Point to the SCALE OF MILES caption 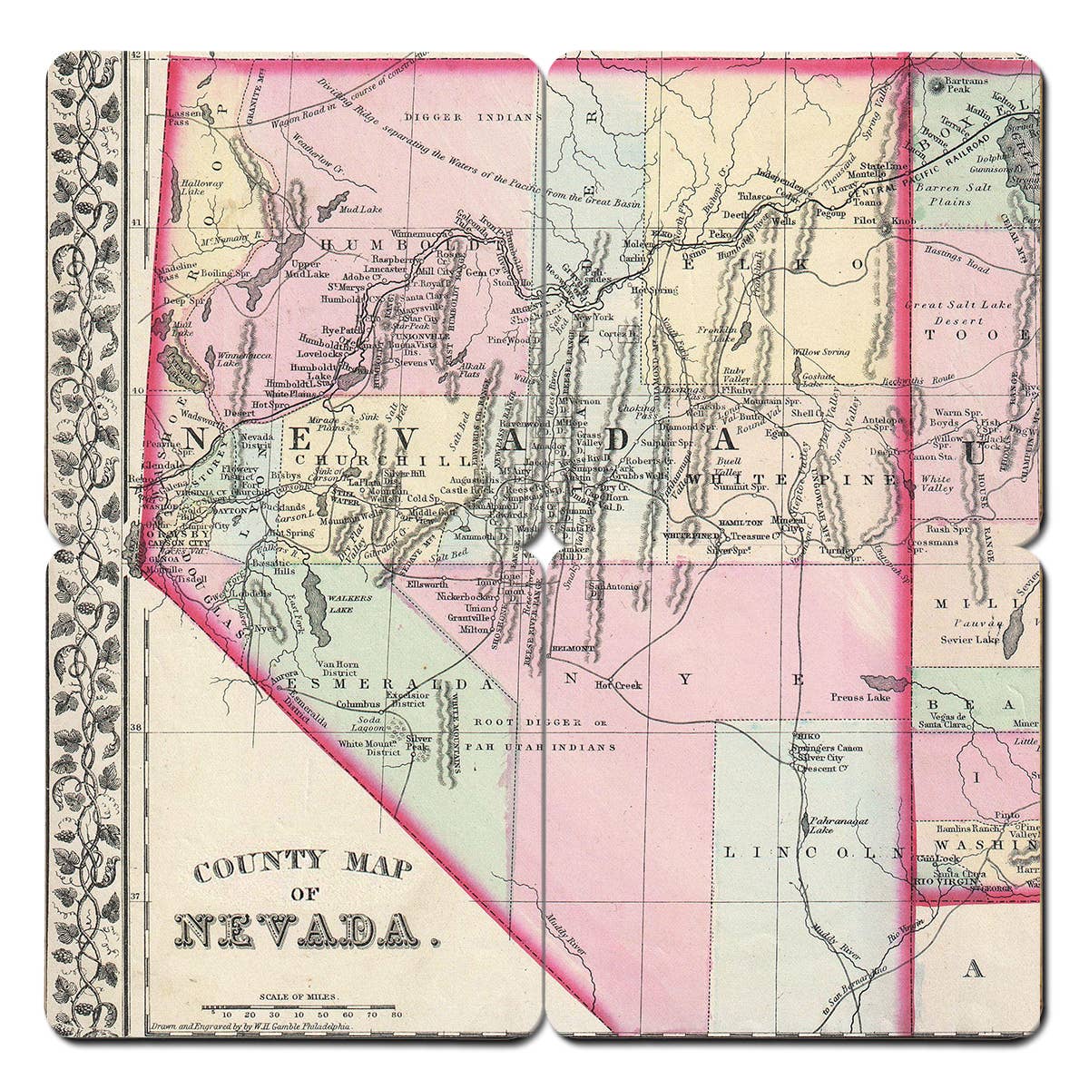pos(300,996)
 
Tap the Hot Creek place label pos(618,685)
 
